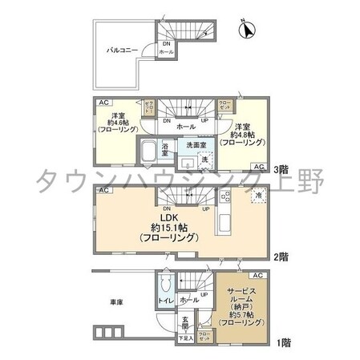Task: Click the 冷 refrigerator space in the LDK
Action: click(258, 195)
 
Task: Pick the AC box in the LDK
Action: click(104, 190)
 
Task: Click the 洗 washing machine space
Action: click(204, 159)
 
